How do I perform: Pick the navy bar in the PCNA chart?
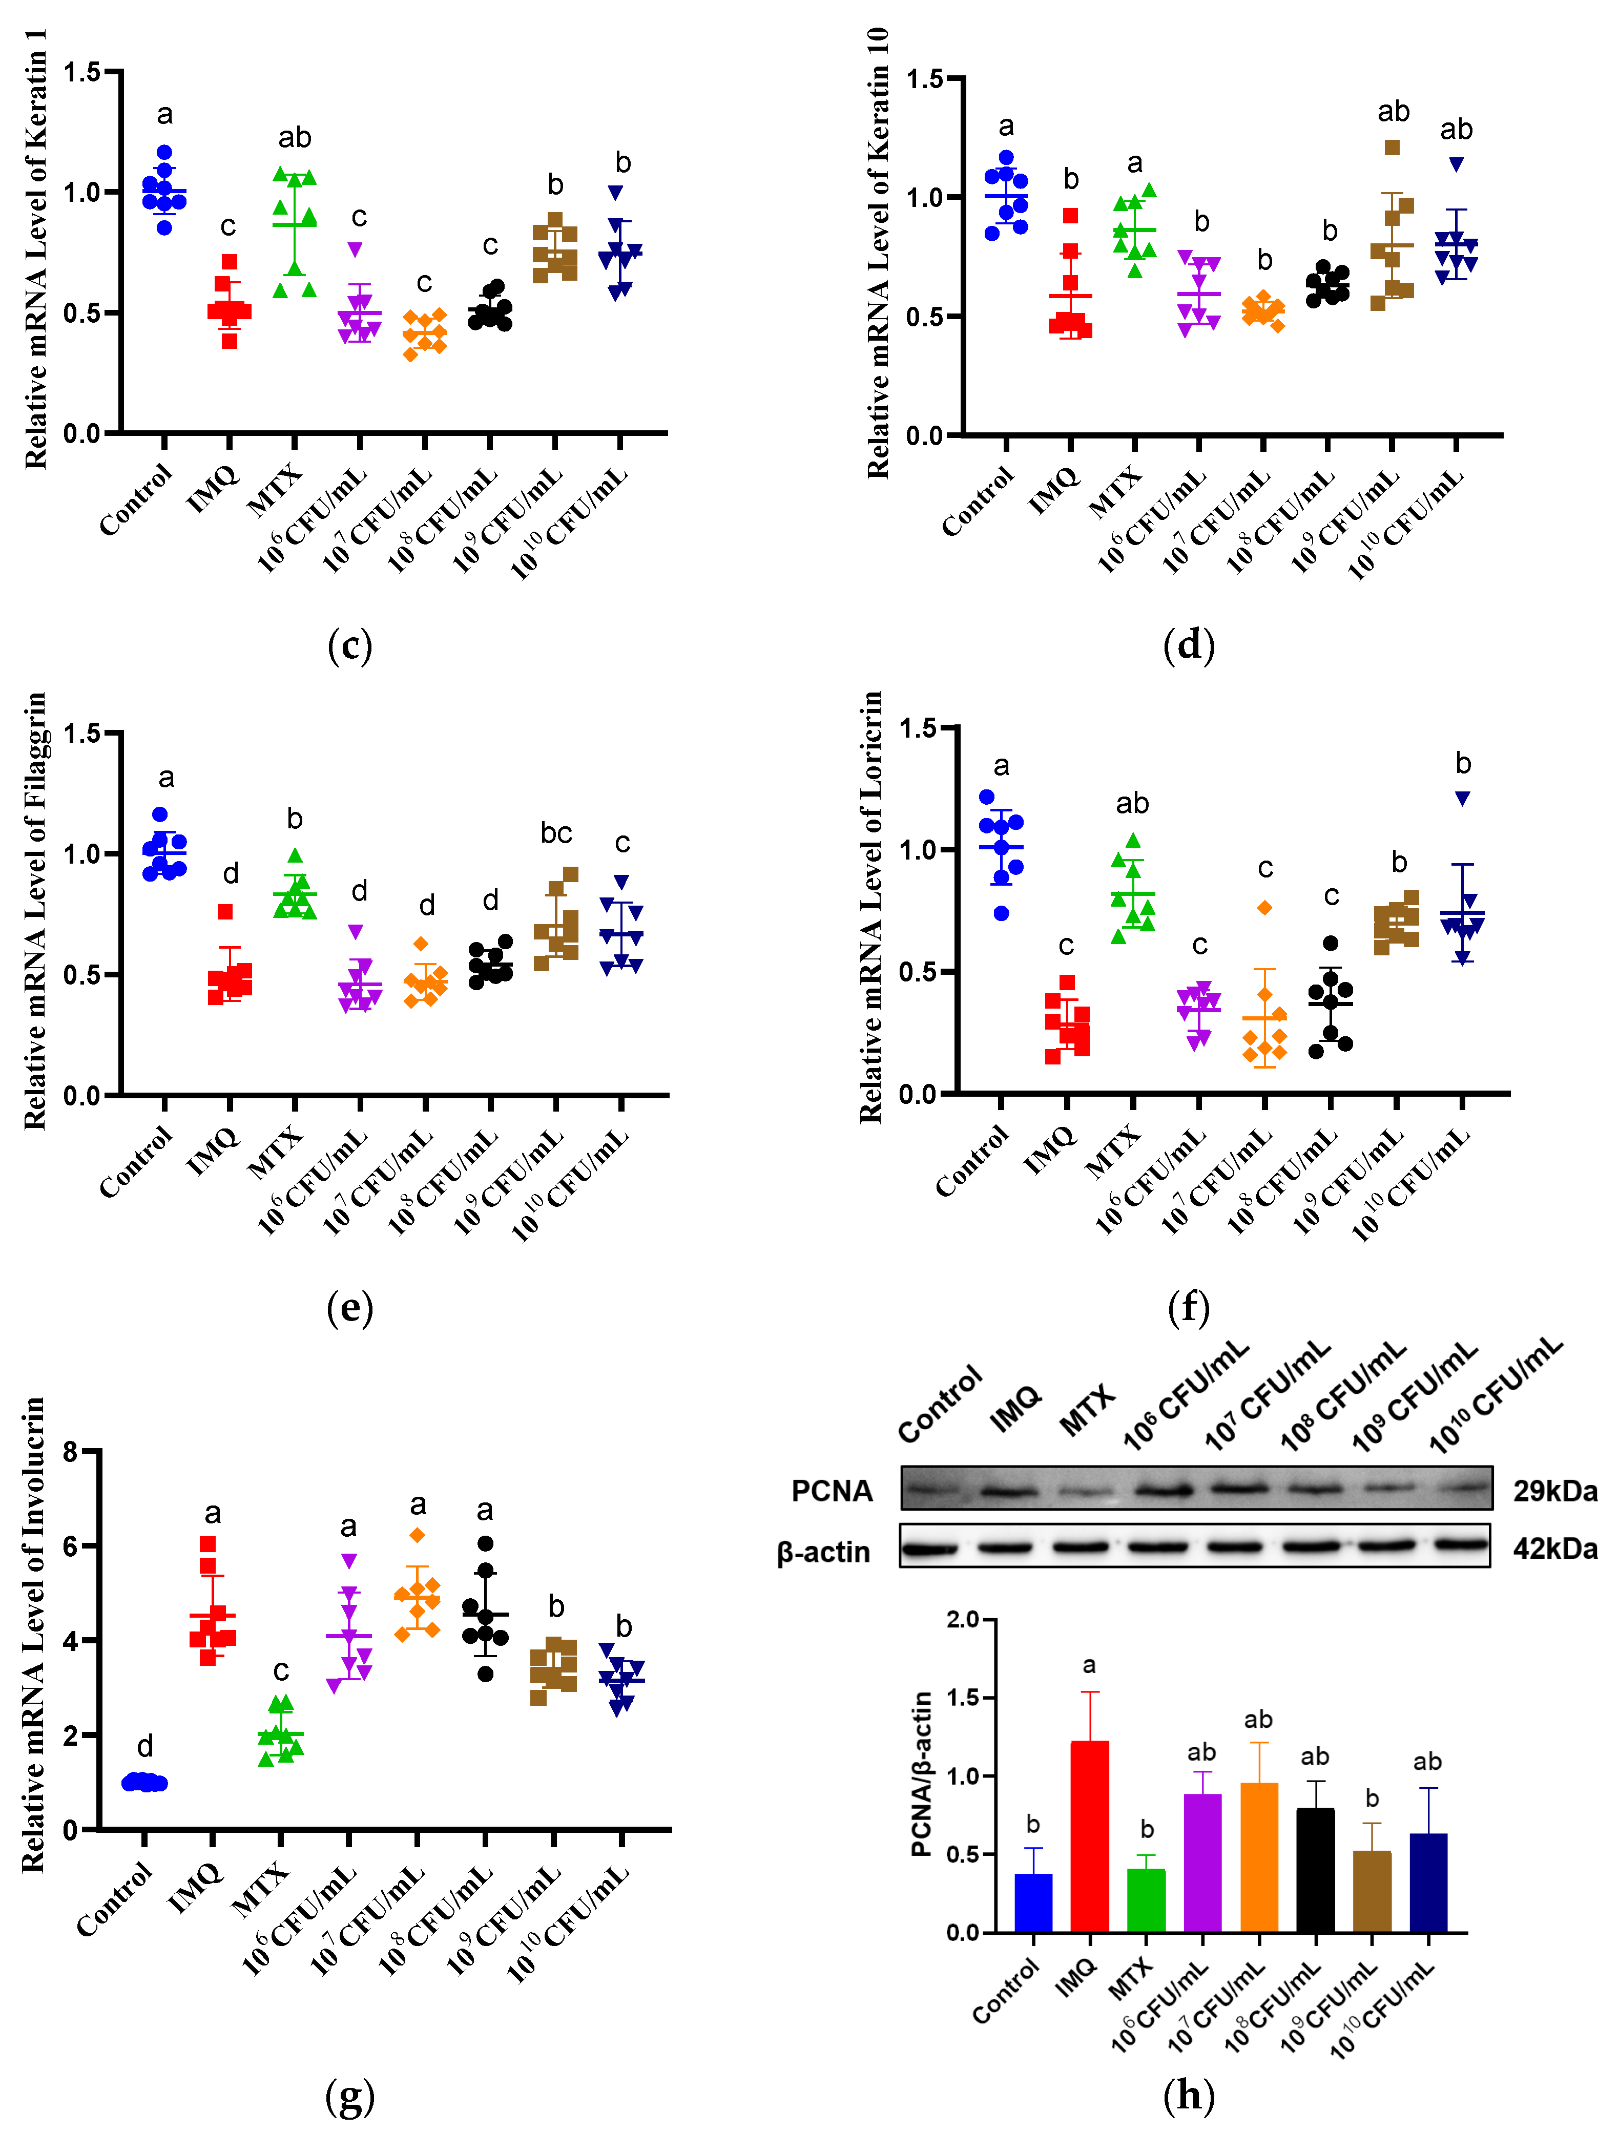[1428, 1883]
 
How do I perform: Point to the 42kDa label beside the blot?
[1554, 1549]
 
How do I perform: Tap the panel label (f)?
[1188, 1308]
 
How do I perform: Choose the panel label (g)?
[349, 2095]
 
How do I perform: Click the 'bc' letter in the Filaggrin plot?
[556, 832]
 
